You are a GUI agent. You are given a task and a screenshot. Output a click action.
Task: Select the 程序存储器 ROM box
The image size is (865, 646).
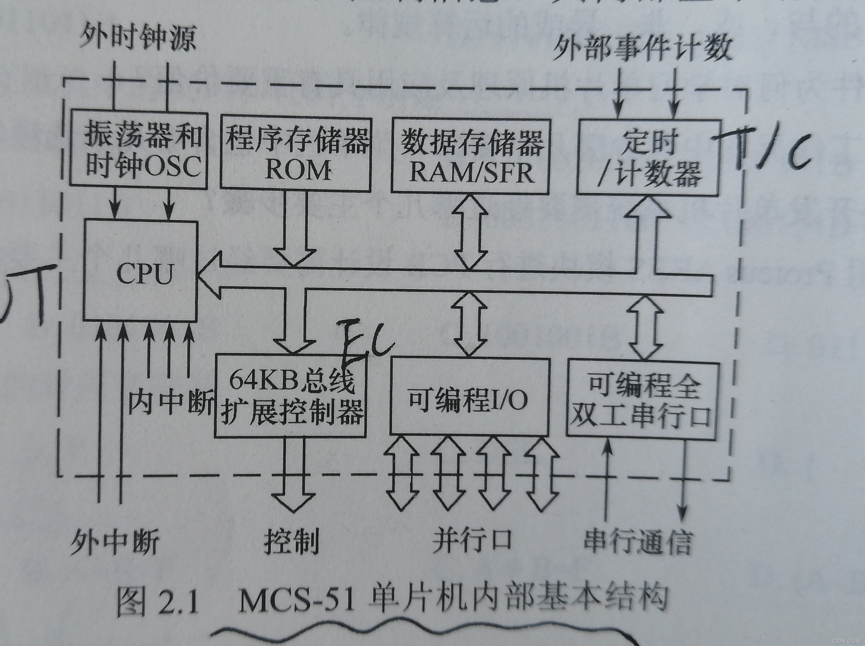tap(296, 154)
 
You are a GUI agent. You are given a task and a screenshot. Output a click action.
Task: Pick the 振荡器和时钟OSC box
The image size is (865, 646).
tap(139, 149)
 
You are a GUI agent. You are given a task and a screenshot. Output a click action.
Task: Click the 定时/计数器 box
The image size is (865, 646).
tap(648, 157)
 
